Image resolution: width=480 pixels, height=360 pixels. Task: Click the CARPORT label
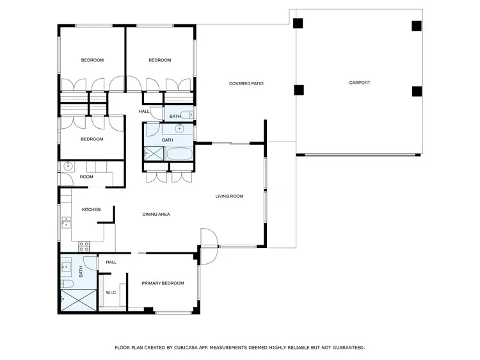point(359,83)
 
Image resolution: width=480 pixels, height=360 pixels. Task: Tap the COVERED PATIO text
point(246,83)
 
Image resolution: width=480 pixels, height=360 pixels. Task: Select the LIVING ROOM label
point(229,196)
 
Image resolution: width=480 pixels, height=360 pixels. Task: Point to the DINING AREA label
point(156,215)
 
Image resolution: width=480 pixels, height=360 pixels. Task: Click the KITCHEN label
point(91,209)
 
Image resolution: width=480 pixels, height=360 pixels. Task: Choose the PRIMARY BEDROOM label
point(163,283)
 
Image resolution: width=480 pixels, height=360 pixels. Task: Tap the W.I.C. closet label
point(111,292)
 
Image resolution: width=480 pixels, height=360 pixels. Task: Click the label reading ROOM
point(86,177)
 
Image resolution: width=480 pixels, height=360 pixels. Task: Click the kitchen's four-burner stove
point(83,245)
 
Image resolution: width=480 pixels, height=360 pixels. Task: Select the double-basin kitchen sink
point(66,222)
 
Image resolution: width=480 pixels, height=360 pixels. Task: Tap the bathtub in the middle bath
point(179,154)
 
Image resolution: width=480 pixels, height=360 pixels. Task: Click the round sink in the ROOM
point(68,166)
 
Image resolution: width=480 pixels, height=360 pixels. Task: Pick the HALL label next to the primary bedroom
point(111,262)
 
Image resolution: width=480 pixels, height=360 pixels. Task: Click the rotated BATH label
point(81,272)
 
